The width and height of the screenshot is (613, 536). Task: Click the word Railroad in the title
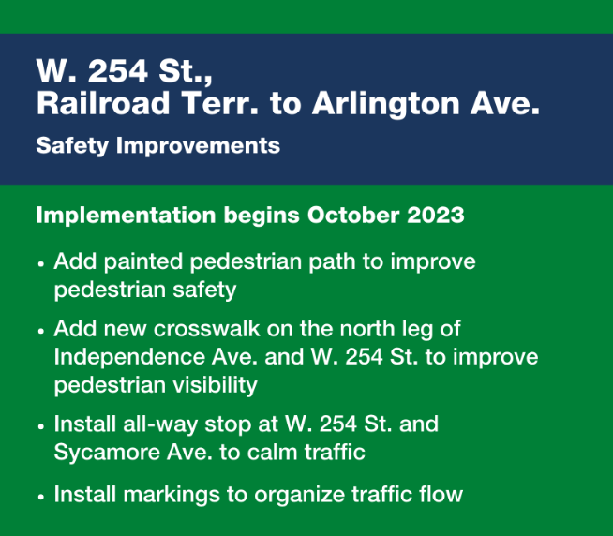tap(103, 103)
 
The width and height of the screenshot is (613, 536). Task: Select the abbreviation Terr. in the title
tap(220, 103)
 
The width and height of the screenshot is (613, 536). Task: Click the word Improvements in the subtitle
tap(198, 146)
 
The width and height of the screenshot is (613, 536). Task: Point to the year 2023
tap(436, 215)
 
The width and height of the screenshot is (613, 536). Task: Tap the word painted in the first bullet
tap(143, 262)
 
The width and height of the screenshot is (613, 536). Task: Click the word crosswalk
tap(207, 329)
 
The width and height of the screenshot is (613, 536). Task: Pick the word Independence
tap(129, 357)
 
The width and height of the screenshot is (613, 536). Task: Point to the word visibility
tap(215, 386)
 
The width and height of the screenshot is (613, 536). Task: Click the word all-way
tap(160, 425)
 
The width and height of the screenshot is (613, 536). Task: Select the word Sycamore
tap(107, 454)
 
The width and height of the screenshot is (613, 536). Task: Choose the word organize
tap(299, 496)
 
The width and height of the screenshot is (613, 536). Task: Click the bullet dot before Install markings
tap(41, 498)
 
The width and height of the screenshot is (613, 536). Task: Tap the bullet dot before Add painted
tap(41, 264)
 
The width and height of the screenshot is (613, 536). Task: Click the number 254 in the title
tap(118, 71)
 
